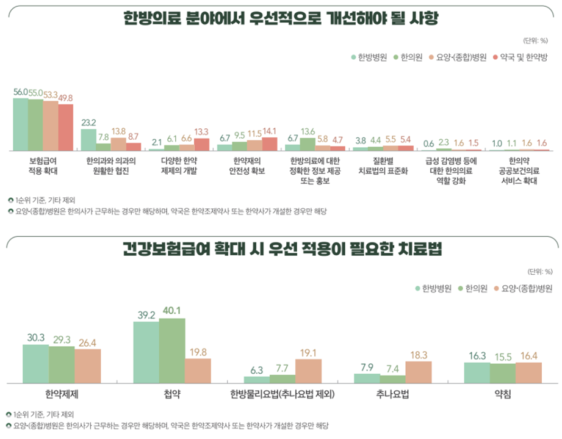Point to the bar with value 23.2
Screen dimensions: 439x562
pyautogui.click(x=88, y=140)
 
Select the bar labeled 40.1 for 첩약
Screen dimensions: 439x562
pyautogui.click(x=172, y=350)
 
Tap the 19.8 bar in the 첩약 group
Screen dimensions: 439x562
pyautogui.click(x=198, y=371)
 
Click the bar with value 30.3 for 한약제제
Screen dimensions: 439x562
pyautogui.click(x=35, y=364)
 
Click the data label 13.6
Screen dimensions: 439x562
pyautogui.click(x=308, y=131)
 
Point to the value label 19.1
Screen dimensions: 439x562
pyautogui.click(x=308, y=352)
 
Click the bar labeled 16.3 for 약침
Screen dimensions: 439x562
pyautogui.click(x=477, y=373)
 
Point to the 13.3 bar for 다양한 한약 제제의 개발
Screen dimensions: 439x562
pyautogui.click(x=201, y=144)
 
